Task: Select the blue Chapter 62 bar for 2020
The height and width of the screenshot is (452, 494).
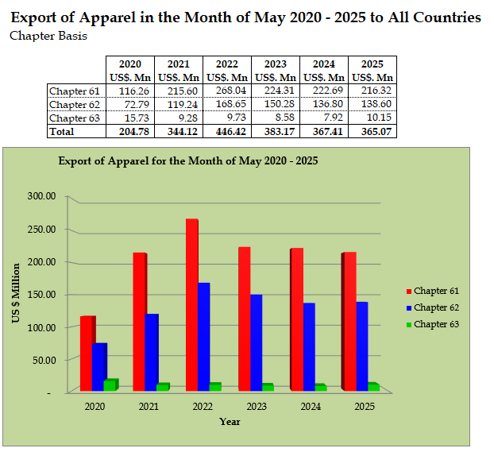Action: click(x=98, y=366)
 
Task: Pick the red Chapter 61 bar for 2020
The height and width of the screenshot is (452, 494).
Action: click(x=87, y=353)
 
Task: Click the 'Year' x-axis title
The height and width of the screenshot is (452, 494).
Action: click(x=230, y=421)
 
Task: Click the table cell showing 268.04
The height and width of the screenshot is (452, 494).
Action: click(x=227, y=91)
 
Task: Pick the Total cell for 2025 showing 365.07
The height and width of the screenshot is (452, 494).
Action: click(x=372, y=132)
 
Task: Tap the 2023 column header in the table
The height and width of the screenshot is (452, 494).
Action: click(x=275, y=64)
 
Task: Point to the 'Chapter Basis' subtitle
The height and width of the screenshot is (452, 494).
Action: click(x=48, y=36)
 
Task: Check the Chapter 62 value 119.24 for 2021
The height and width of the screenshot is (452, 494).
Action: click(x=179, y=104)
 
